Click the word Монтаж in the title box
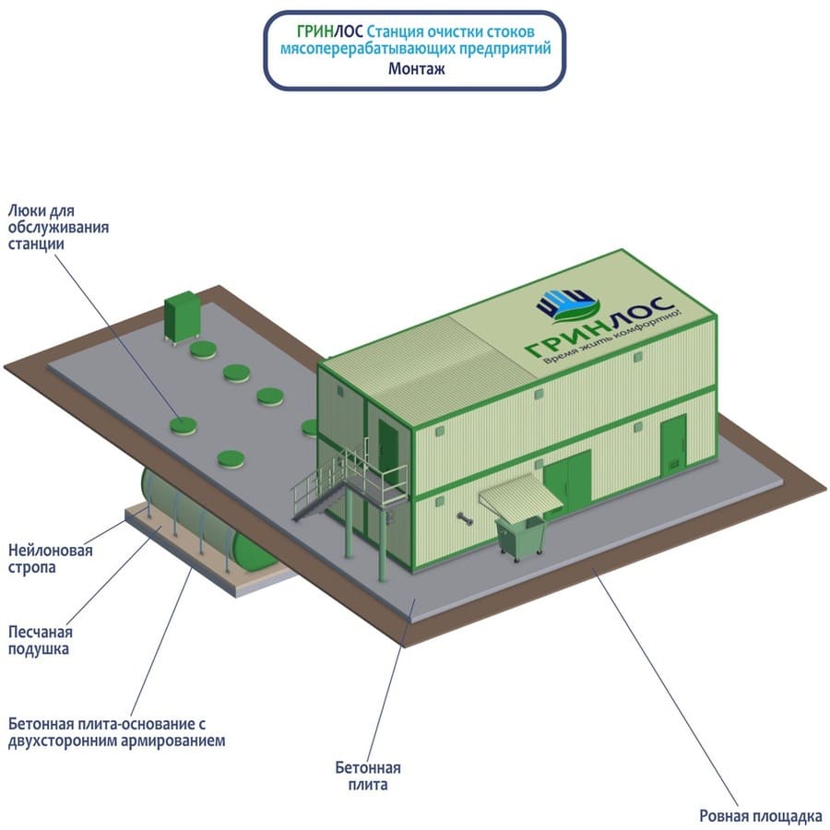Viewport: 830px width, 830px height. pos(414,67)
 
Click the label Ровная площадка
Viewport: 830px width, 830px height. pos(760,815)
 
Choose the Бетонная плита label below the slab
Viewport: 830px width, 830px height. pos(368,776)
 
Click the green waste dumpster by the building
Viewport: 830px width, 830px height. pos(520,538)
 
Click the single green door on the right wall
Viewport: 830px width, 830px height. pos(672,441)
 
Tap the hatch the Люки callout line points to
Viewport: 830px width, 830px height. pos(182,424)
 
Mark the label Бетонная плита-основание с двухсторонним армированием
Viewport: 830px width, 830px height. pos(115,730)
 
